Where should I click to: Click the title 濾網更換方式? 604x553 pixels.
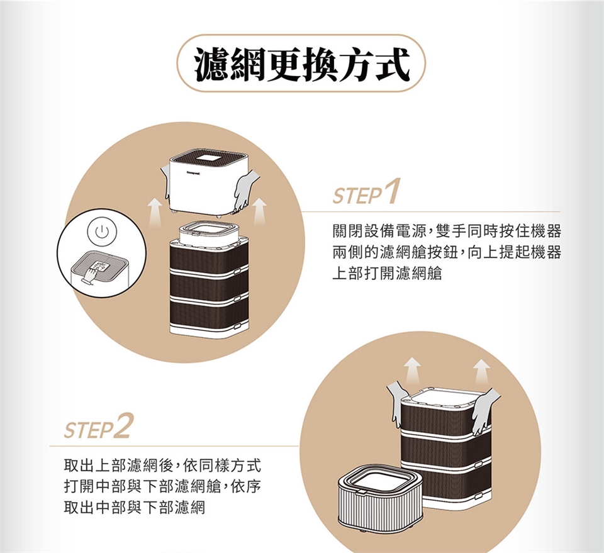(301, 64)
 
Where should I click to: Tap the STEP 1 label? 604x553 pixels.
(366, 192)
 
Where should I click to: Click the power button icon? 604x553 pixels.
(101, 232)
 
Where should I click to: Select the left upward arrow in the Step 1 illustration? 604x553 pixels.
(155, 211)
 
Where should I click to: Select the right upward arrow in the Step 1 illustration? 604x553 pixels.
(260, 211)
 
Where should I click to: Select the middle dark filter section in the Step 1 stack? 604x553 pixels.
(209, 285)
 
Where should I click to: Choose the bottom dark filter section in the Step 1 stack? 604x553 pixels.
(209, 313)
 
